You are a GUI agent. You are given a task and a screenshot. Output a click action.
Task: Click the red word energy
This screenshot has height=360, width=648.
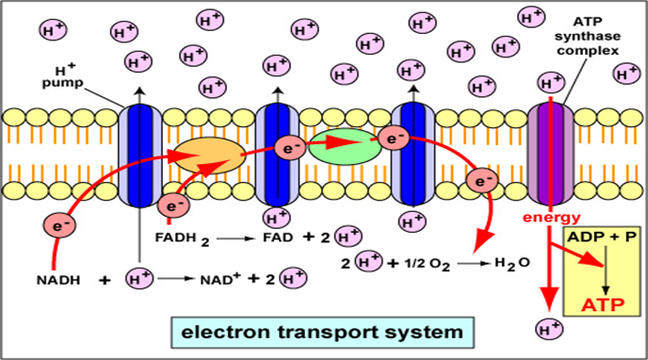(x=546, y=219)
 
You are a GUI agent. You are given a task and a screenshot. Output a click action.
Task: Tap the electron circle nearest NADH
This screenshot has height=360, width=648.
(x=59, y=225)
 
